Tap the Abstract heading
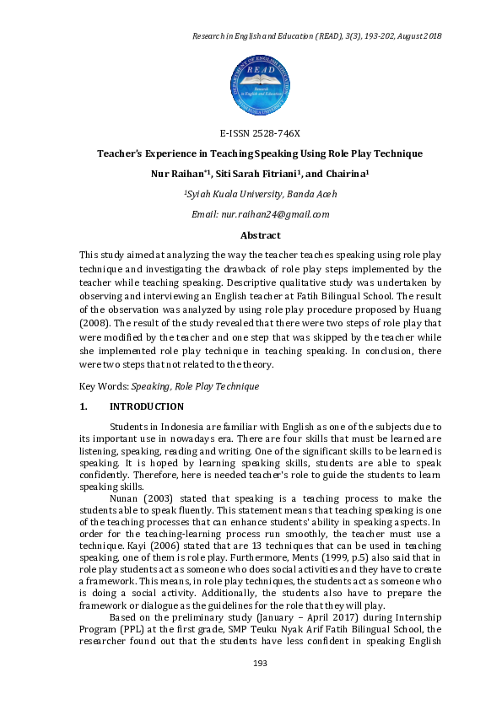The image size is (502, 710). tap(260, 235)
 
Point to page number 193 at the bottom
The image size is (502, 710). tap(260, 687)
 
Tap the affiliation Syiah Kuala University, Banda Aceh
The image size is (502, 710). tap(261, 195)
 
